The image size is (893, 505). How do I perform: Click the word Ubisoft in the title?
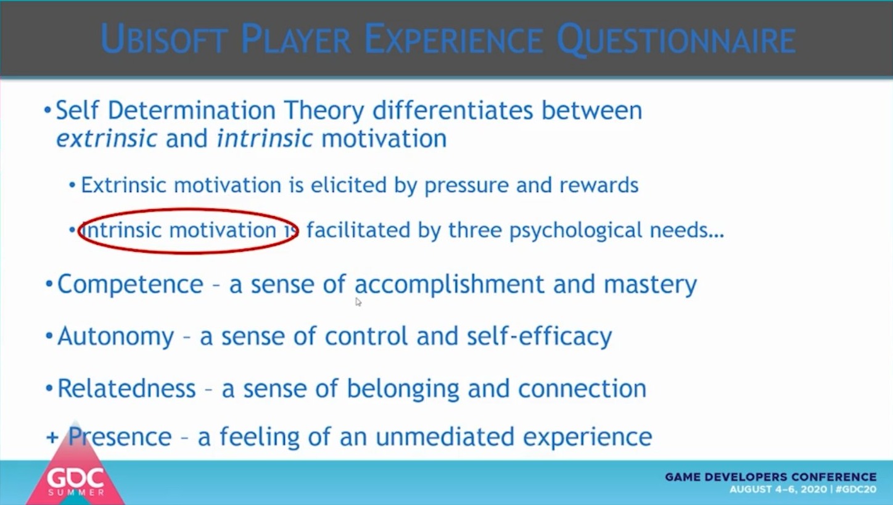click(164, 38)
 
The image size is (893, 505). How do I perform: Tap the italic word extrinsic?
click(107, 138)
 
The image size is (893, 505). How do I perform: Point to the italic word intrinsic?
click(265, 138)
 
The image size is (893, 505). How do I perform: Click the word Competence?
click(130, 284)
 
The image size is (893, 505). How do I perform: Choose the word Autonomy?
click(115, 336)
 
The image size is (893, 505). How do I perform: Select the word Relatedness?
click(127, 388)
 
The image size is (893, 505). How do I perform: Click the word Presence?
click(120, 436)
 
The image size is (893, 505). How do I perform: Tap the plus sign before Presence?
click(52, 438)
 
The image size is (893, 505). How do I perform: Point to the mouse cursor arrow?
click(358, 302)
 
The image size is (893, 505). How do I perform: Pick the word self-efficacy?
click(539, 336)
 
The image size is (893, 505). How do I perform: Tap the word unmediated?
click(445, 436)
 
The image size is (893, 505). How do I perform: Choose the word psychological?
click(575, 231)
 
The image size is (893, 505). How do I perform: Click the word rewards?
click(599, 185)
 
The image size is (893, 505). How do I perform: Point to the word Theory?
click(324, 111)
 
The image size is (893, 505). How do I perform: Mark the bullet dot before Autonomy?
click(49, 336)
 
